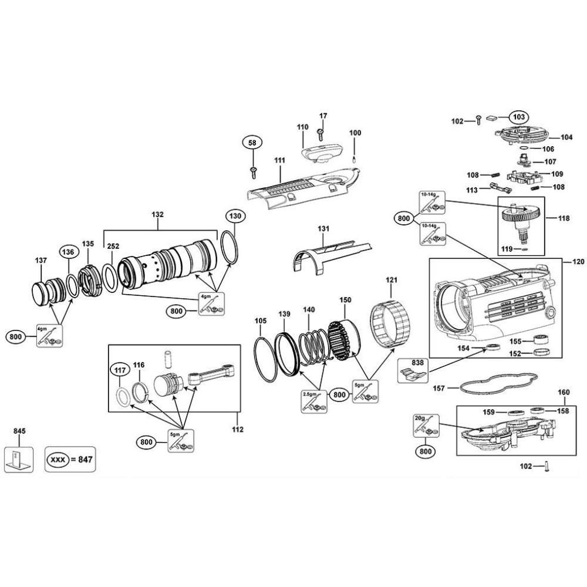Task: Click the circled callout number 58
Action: pyautogui.click(x=252, y=143)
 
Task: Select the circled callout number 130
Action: pyautogui.click(x=235, y=216)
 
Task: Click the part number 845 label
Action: pyautogui.click(x=19, y=431)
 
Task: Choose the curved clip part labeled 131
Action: pyautogui.click(x=329, y=254)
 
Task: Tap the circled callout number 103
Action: pyautogui.click(x=518, y=116)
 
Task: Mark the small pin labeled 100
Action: pyautogui.click(x=355, y=157)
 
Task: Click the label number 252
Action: pyautogui.click(x=113, y=247)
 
